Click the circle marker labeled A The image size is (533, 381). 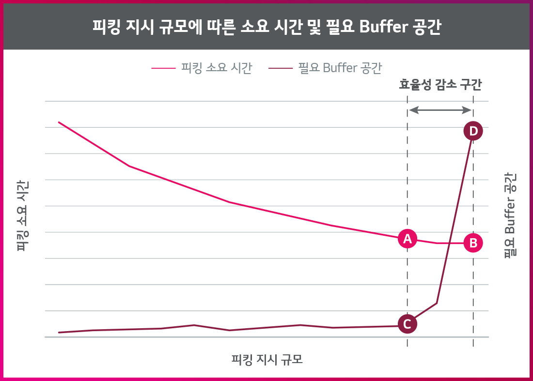(407, 238)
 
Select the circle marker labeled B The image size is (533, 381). (473, 243)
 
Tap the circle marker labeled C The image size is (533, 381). (407, 324)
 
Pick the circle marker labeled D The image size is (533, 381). (473, 131)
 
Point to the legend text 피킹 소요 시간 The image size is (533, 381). (216, 68)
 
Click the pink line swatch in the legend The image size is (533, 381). (163, 68)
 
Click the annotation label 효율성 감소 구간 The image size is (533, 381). (440, 85)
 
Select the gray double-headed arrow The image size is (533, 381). (440, 110)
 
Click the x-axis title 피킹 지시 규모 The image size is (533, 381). (267, 360)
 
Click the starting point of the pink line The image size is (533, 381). (59, 122)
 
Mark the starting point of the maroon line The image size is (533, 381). (59, 332)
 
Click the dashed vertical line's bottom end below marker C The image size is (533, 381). (407, 345)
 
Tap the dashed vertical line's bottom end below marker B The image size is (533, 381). (473, 345)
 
